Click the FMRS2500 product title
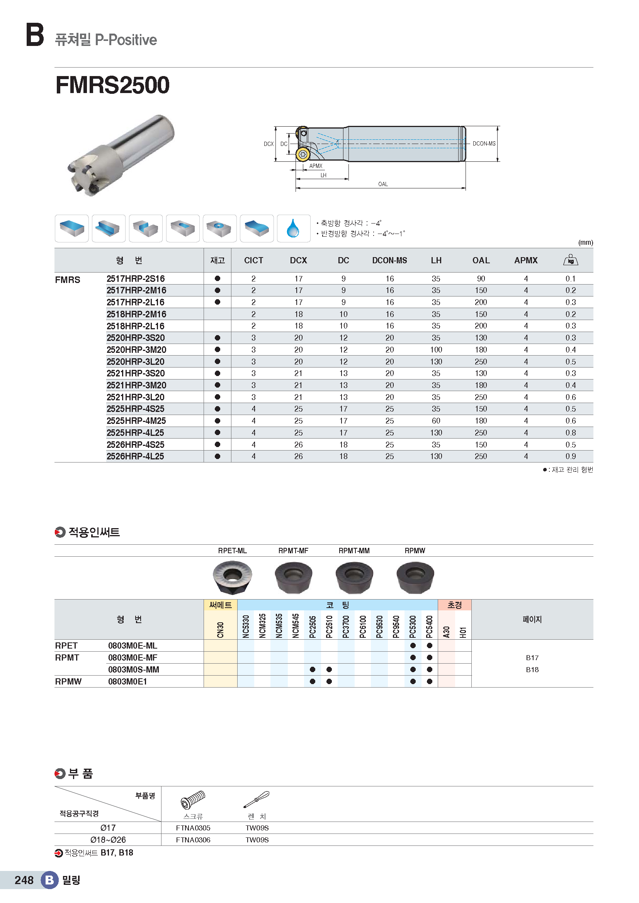112,85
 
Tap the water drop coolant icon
293,228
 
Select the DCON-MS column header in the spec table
389,260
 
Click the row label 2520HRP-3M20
136,350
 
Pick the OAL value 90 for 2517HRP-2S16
481,279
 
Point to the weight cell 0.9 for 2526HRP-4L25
570,456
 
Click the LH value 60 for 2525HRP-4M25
435,421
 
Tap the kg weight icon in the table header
570,259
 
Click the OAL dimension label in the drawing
382,184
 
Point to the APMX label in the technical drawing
316,166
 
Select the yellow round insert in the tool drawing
303,154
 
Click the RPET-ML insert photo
232,576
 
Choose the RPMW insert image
415,576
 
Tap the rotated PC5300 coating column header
412,626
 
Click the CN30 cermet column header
220,629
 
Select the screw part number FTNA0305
193,828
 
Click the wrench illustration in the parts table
257,800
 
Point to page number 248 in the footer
24,880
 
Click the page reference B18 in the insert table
532,669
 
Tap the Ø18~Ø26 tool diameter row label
108,840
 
